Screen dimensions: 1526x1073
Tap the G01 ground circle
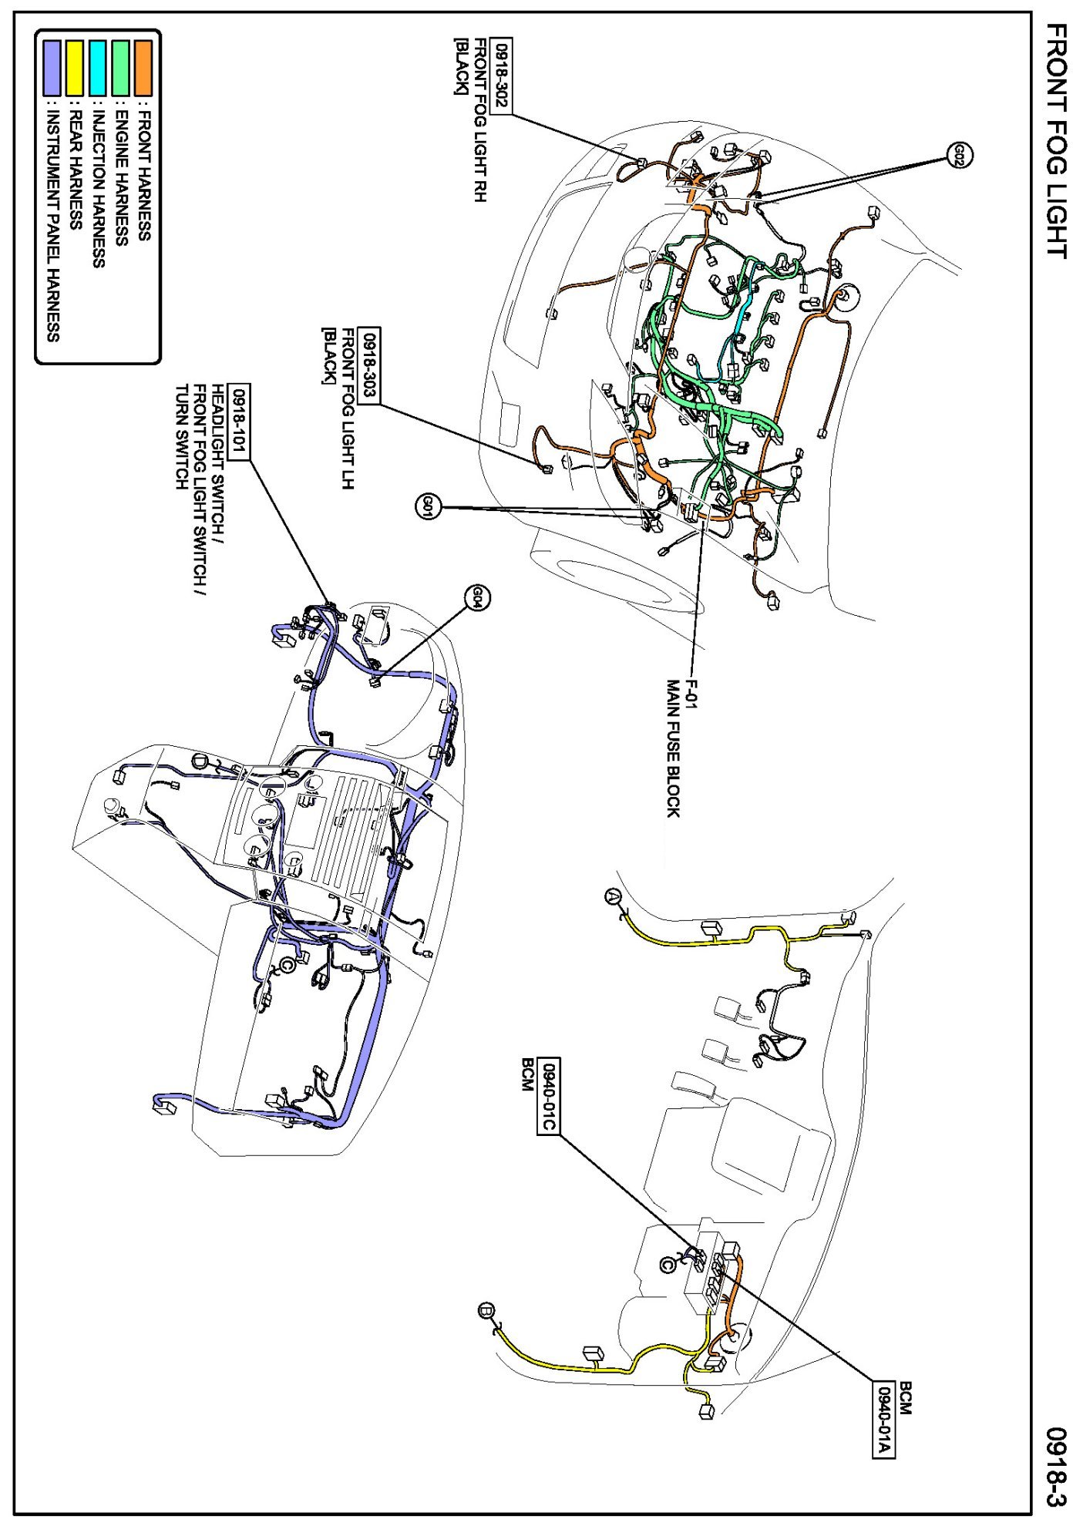(x=429, y=506)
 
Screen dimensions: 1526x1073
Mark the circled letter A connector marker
(x=613, y=896)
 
